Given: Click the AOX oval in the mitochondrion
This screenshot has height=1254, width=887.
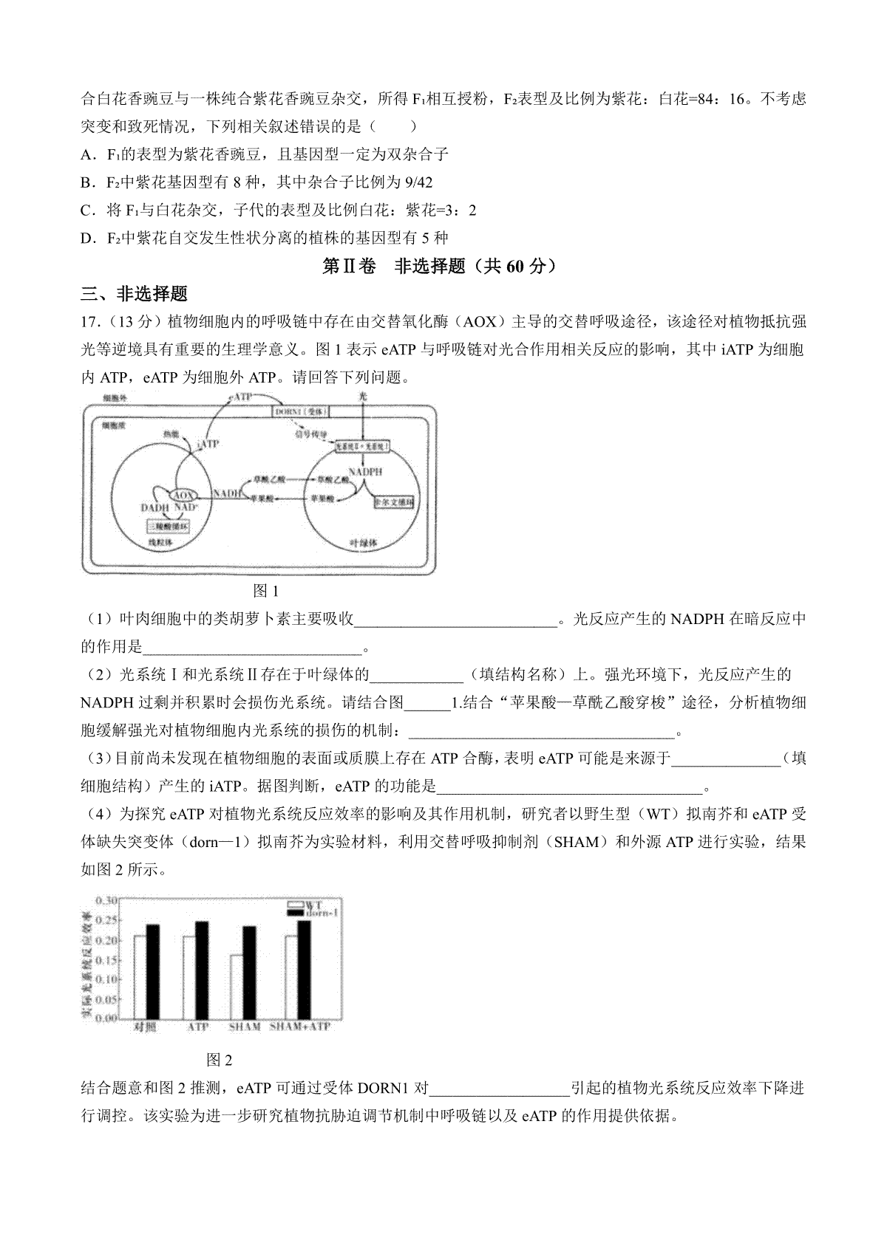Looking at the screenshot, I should [x=182, y=494].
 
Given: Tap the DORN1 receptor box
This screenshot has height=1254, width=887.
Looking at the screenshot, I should [x=302, y=411].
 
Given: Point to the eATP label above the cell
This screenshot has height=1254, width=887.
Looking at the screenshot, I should [x=241, y=397].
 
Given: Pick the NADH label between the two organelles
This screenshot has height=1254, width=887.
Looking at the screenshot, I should [x=227, y=493].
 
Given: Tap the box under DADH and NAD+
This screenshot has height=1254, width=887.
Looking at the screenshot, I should [x=169, y=526].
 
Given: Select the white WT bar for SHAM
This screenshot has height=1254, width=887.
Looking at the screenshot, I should [x=237, y=987].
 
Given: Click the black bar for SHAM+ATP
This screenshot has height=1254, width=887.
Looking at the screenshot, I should [x=304, y=970].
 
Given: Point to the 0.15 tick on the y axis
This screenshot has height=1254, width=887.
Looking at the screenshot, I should [x=107, y=960].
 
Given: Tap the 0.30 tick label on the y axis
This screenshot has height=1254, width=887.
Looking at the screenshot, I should [x=107, y=900].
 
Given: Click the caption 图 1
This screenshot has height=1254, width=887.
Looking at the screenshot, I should [x=265, y=591].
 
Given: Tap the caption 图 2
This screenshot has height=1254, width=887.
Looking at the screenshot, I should [x=220, y=1061].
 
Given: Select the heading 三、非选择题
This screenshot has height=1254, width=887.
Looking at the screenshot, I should [x=134, y=294].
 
